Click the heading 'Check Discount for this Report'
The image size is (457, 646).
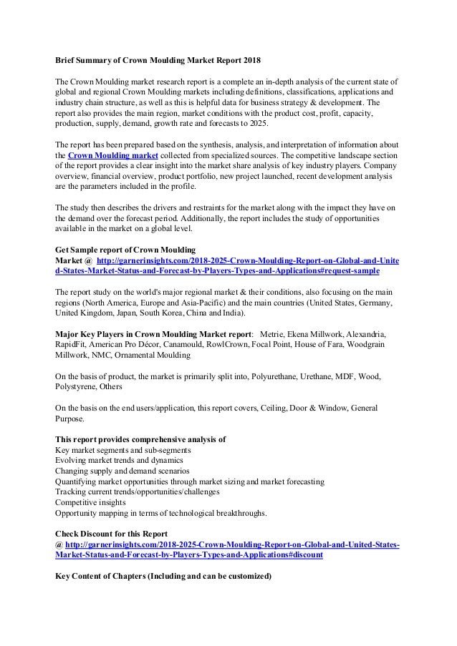pyautogui.click(x=111, y=534)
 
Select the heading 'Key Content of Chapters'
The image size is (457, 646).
pyautogui.click(x=164, y=577)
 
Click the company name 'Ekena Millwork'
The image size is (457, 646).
pyautogui.click(x=317, y=334)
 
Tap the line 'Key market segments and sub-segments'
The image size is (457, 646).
pyautogui.click(x=122, y=450)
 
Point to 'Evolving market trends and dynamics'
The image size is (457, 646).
pyautogui.click(x=118, y=461)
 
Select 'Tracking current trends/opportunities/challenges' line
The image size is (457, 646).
pyautogui.click(x=138, y=492)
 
